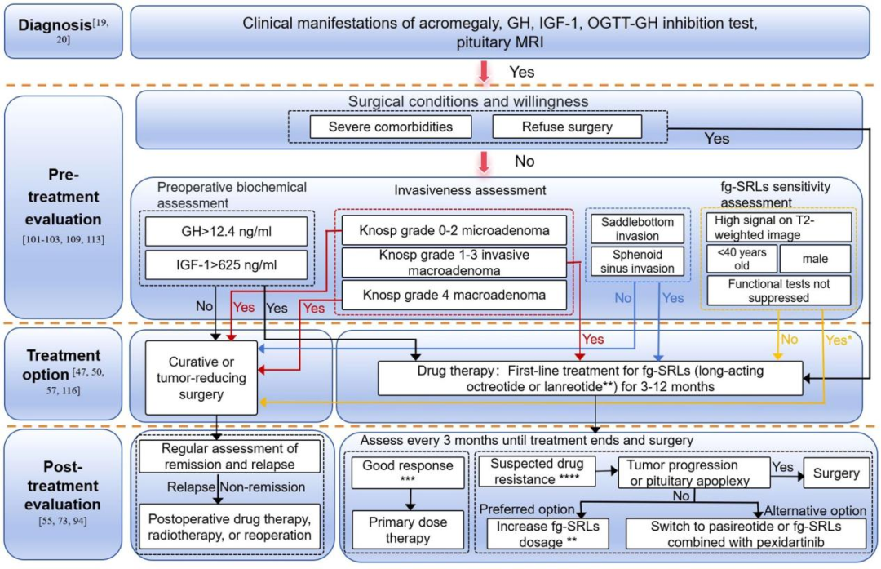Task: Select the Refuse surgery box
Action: (x=567, y=127)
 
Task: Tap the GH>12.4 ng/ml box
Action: (x=225, y=231)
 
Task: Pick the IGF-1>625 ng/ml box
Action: (x=225, y=265)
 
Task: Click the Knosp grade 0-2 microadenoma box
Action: (x=454, y=231)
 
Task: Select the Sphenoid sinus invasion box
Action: (x=631, y=260)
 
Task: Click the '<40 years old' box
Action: (x=741, y=258)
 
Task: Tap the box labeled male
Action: (x=815, y=258)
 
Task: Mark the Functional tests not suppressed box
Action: (x=778, y=290)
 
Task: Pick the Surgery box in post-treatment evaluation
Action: (x=836, y=473)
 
